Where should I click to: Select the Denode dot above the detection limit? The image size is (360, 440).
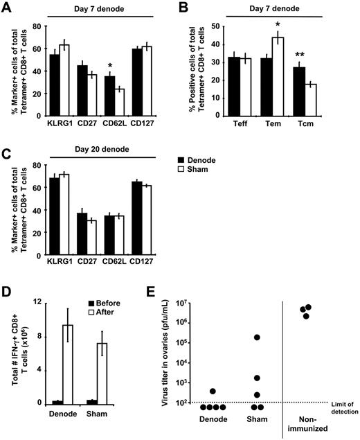coord(233,391)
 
